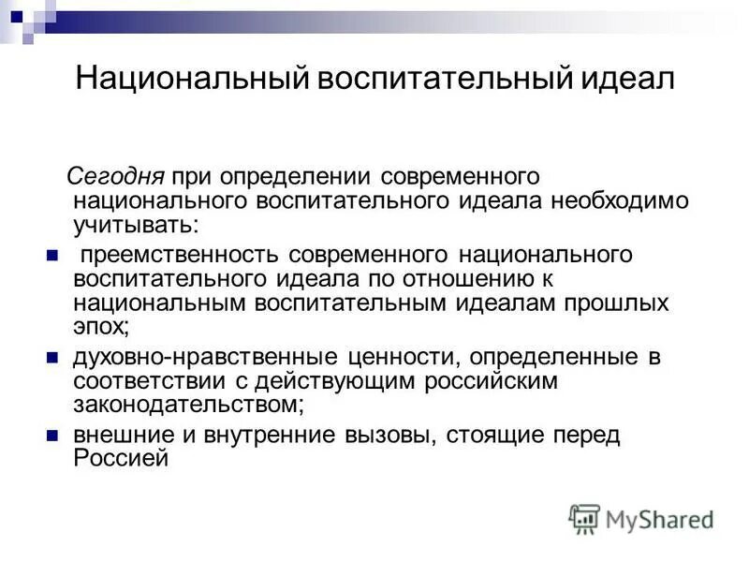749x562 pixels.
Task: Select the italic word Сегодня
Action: click(115, 176)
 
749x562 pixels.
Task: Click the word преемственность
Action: click(181, 256)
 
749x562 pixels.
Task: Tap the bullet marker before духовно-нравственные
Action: click(52, 357)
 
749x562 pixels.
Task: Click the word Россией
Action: click(120, 459)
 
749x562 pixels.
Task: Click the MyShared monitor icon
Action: click(584, 518)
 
